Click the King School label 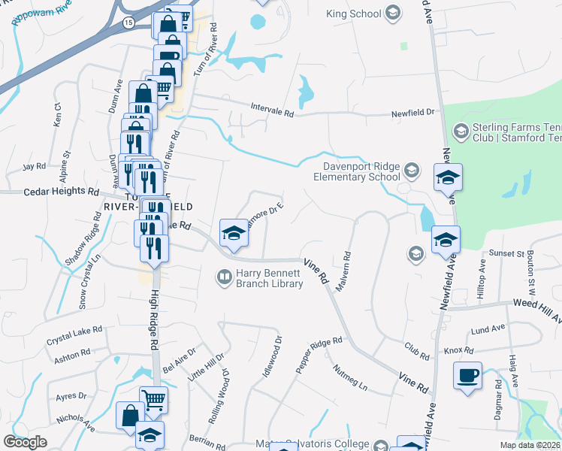(354, 14)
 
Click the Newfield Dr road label (412, 113)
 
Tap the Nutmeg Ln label (351, 377)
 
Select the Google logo (25, 441)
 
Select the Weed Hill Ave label (536, 302)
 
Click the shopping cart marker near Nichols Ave (153, 401)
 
